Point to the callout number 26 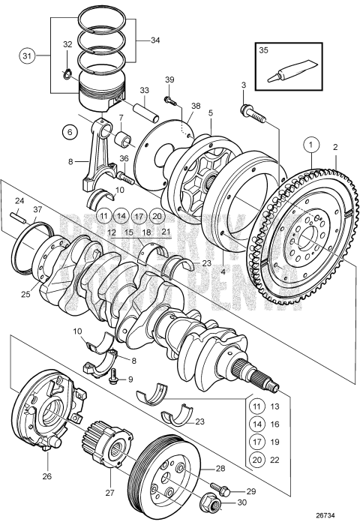[x=48, y=475]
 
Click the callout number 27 [x=110, y=492]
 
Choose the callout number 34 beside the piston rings [x=154, y=40]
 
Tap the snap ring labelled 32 [x=66, y=73]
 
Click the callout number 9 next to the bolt [x=129, y=379]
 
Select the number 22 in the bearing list [x=274, y=460]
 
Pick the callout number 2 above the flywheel [x=335, y=148]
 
